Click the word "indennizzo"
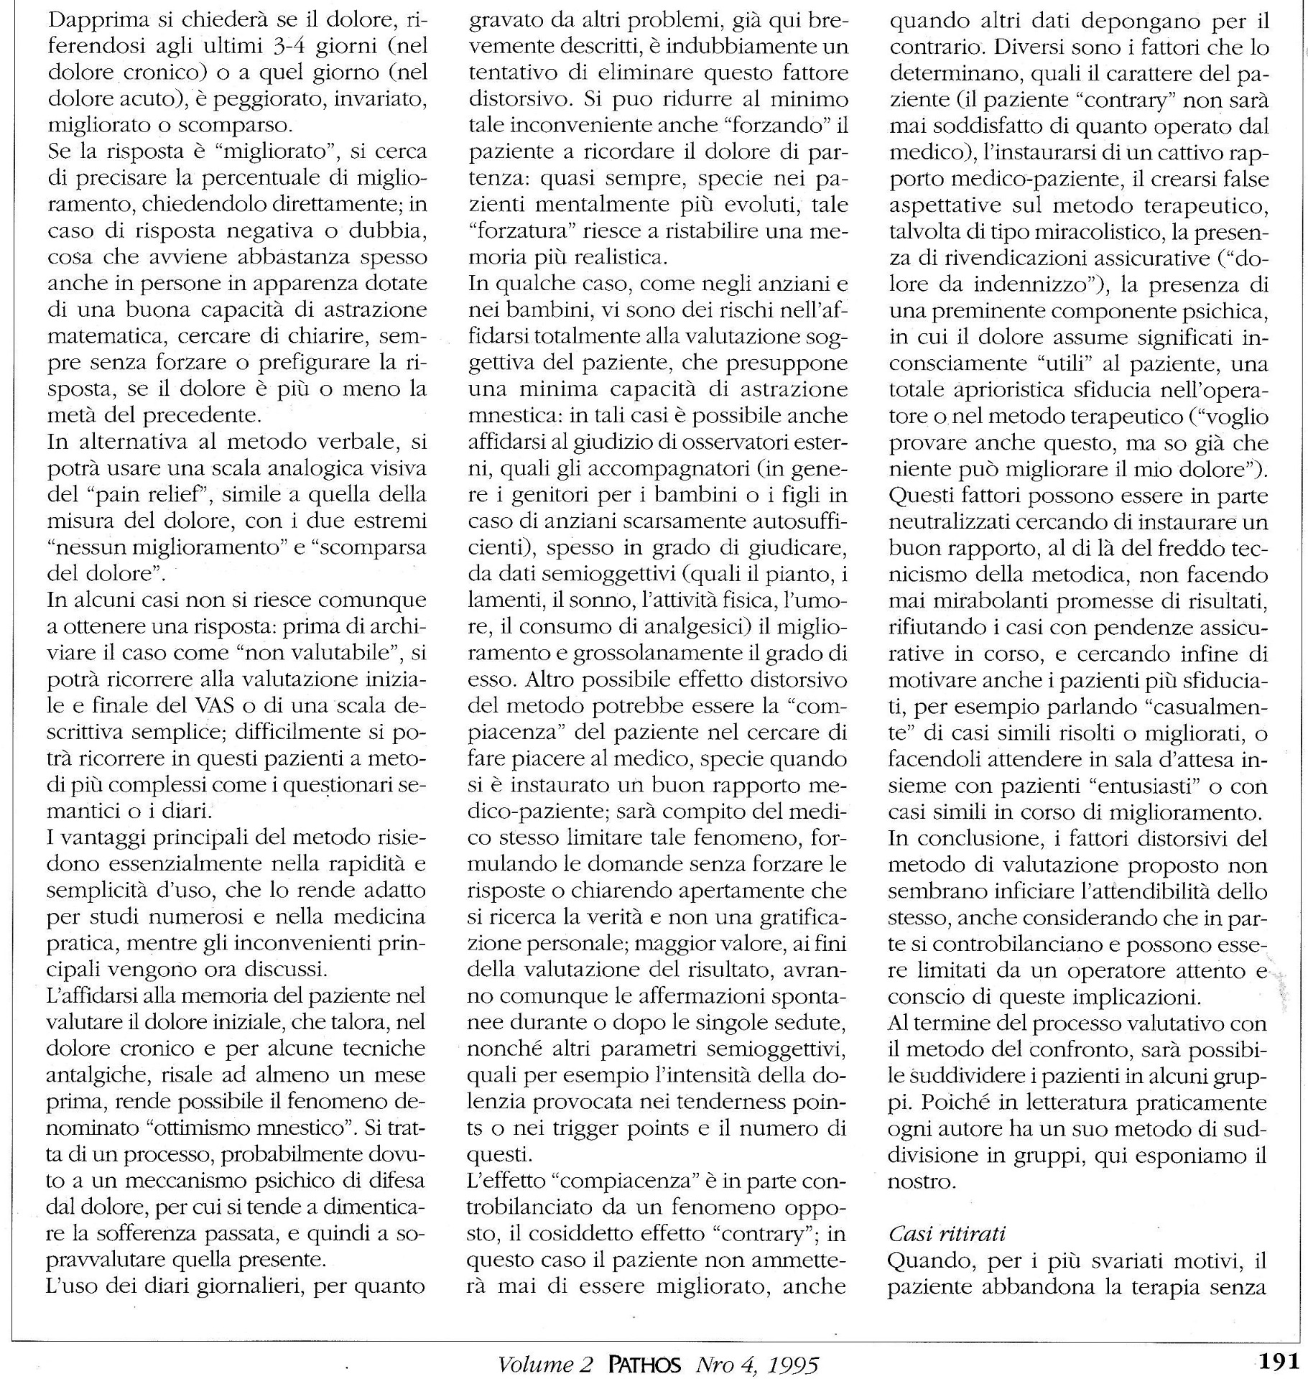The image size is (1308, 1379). (1040, 285)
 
